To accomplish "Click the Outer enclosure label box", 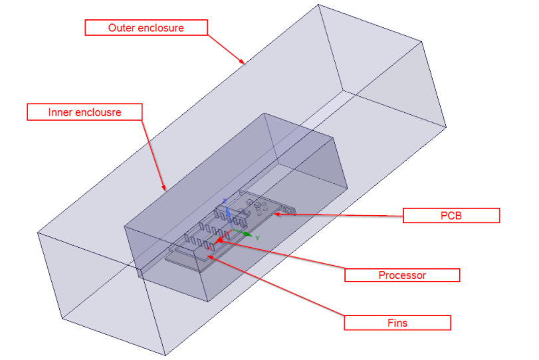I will click(146, 28).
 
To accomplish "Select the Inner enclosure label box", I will click(84, 112).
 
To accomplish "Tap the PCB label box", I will click(451, 215).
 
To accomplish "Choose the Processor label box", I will click(401, 275).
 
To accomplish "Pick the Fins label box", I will click(397, 323).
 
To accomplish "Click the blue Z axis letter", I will click(225, 201).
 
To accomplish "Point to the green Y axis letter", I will click(257, 237).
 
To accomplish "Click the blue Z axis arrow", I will click(228, 214).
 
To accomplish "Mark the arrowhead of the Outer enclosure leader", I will click(244, 63).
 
